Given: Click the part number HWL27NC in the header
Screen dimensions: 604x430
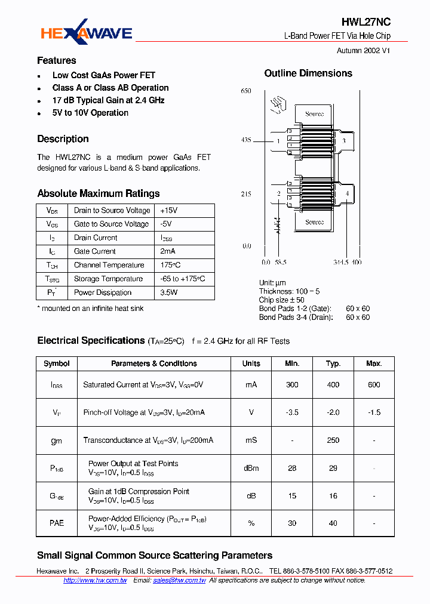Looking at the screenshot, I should [x=367, y=22].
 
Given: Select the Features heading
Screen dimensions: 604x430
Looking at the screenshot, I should [x=57, y=60].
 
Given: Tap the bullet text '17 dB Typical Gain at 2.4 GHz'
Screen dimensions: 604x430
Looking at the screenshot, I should [x=108, y=100].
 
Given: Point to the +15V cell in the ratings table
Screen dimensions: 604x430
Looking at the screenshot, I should [x=169, y=210].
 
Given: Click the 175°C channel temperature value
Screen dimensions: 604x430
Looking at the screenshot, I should [x=170, y=265].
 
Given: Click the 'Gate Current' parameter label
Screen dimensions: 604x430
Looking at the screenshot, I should [x=95, y=251].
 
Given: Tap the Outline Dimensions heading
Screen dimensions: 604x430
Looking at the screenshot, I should [x=308, y=73].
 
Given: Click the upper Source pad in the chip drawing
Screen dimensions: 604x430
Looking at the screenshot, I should [x=314, y=113].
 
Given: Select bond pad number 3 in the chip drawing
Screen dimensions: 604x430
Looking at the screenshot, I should [x=343, y=141].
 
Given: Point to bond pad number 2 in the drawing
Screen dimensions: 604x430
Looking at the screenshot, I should [x=278, y=194].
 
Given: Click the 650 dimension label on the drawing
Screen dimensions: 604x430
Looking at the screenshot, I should [x=246, y=91].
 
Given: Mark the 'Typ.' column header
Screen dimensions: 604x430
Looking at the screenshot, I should [x=333, y=363].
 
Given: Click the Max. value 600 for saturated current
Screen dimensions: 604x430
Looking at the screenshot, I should [x=374, y=385].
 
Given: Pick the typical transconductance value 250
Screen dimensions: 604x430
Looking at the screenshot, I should [x=333, y=440].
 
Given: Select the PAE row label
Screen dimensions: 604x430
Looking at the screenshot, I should [x=57, y=523].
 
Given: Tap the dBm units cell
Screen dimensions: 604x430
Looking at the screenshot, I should [x=251, y=468].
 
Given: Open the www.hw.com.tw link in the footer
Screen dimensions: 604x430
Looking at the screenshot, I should [x=95, y=580].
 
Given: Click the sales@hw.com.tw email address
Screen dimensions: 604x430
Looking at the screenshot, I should [x=179, y=580].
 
